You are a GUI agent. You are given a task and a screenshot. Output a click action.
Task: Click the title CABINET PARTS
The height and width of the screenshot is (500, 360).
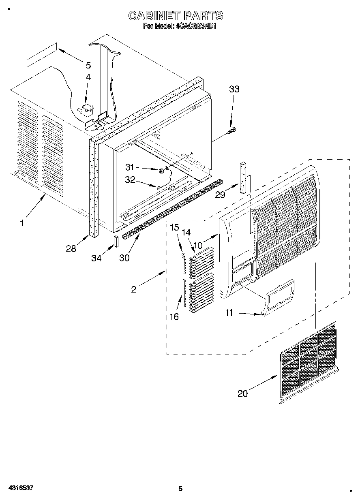(x=176, y=16)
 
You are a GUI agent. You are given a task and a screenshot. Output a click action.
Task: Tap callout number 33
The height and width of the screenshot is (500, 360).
(x=234, y=90)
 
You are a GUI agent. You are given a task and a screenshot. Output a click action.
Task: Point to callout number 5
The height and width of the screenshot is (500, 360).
(x=88, y=65)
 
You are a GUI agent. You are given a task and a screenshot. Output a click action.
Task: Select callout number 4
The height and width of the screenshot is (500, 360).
(x=88, y=77)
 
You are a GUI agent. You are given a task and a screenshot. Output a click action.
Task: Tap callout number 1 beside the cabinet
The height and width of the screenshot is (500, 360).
(x=22, y=222)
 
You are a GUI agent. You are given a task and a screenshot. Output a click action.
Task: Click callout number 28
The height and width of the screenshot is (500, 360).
(x=71, y=249)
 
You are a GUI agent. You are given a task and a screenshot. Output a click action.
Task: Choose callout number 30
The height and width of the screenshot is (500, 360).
(x=124, y=258)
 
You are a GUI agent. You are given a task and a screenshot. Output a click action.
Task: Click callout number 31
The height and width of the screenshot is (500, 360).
(x=130, y=167)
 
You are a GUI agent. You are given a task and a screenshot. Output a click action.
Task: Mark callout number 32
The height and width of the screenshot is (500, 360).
(x=130, y=180)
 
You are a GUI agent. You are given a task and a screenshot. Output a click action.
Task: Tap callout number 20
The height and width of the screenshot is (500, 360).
(x=242, y=393)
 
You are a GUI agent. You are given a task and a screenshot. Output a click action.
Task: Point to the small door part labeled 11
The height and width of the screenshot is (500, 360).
(x=279, y=297)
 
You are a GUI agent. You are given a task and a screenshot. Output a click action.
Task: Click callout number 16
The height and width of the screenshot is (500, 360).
(x=174, y=316)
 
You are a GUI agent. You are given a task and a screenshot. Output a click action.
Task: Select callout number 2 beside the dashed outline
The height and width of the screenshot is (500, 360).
(x=134, y=289)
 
